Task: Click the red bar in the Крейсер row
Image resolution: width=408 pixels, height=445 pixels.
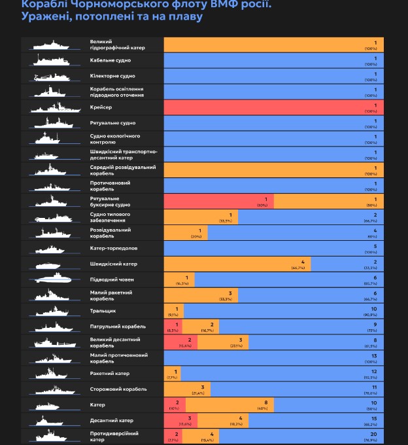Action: pyautogui.click(x=273, y=107)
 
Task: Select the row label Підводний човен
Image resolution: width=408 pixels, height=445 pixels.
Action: pyautogui.click(x=109, y=279)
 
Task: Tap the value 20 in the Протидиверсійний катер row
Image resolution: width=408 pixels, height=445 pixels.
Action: pyautogui.click(x=373, y=433)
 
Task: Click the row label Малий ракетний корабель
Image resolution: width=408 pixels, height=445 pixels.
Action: pyautogui.click(x=111, y=295)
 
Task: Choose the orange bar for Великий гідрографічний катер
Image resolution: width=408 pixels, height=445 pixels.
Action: pyautogui.click(x=273, y=44)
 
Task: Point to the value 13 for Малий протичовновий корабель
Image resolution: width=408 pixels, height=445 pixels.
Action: pyautogui.click(x=373, y=355)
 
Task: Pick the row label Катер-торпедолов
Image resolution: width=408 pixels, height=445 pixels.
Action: pyautogui.click(x=114, y=249)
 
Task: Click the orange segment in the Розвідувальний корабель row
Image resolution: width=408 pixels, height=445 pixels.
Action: pyautogui.click(x=186, y=232)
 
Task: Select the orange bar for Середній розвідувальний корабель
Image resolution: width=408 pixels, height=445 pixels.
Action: pyautogui.click(x=273, y=169)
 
